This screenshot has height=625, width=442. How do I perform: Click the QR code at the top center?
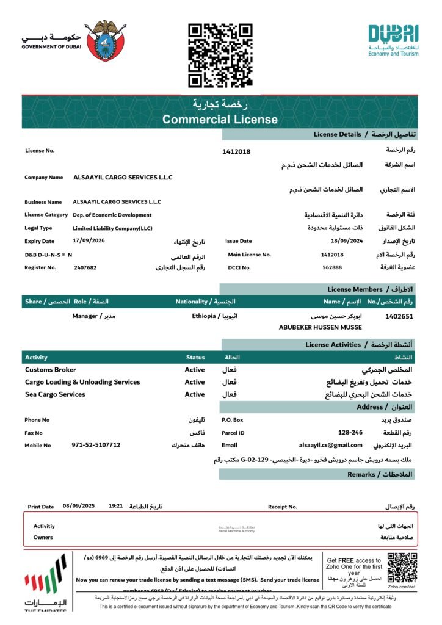(x=220, y=55)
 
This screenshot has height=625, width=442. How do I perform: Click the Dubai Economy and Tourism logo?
(x=393, y=40)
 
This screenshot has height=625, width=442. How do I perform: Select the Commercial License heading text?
(x=220, y=120)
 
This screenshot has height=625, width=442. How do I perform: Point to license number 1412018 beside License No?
(x=236, y=151)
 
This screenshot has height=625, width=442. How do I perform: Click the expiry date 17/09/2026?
(x=89, y=241)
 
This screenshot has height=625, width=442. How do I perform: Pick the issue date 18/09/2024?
(x=342, y=241)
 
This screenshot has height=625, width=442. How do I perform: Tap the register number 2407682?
(x=85, y=267)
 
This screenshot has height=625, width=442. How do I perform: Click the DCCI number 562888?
(x=332, y=267)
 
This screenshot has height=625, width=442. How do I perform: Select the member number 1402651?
(x=399, y=316)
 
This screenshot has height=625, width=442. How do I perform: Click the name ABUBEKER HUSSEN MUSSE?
(x=320, y=327)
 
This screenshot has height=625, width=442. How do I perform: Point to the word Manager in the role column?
(x=85, y=316)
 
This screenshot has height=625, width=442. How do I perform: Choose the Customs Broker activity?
(x=51, y=370)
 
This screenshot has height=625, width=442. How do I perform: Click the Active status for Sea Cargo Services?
(x=195, y=394)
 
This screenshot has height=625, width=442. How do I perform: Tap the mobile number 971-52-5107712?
(x=96, y=445)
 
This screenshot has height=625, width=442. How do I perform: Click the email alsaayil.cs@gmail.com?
(x=330, y=445)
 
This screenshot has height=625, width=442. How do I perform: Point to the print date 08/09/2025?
(x=79, y=506)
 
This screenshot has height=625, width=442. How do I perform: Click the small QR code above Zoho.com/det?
(x=402, y=567)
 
